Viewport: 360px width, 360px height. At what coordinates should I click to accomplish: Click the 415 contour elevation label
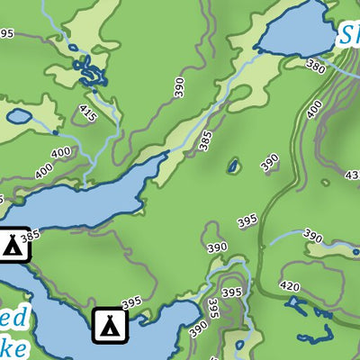pos(87,114)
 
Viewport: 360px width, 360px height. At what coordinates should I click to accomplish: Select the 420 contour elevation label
pos(290,287)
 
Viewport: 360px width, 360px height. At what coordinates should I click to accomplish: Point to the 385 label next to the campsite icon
pos(31,236)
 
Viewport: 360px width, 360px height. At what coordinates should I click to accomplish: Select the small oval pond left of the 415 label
pos(18,116)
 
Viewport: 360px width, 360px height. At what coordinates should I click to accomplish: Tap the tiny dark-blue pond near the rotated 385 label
pos(233,166)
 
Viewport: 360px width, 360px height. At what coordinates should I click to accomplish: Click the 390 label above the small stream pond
pos(312,236)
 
